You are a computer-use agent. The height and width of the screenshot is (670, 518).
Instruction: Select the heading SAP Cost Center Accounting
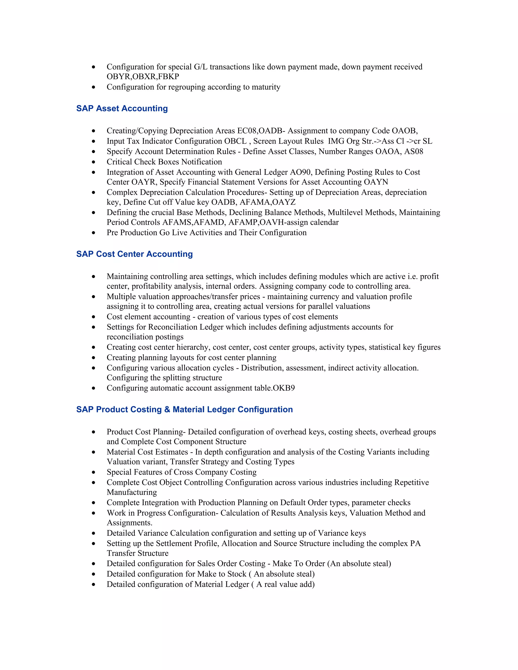[x=134, y=254]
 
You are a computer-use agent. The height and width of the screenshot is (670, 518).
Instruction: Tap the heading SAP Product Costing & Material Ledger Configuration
[x=184, y=409]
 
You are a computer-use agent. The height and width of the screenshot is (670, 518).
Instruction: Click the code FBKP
[x=168, y=77]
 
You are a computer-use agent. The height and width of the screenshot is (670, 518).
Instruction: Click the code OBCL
[x=235, y=141]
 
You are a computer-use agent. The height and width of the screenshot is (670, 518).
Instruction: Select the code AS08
[x=413, y=151]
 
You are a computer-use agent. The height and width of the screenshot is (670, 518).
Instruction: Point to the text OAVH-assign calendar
[x=299, y=222]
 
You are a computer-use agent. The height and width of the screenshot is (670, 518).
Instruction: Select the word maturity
[x=266, y=87]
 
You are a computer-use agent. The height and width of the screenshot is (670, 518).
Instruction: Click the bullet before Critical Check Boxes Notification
[x=94, y=162]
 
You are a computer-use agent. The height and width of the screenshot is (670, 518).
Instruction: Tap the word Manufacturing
[x=132, y=492]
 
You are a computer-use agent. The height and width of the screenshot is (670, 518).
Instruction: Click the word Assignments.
[x=129, y=523]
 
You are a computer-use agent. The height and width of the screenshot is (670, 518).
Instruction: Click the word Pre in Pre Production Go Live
[x=112, y=233]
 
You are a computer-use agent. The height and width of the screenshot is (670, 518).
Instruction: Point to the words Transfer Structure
[x=138, y=553]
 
